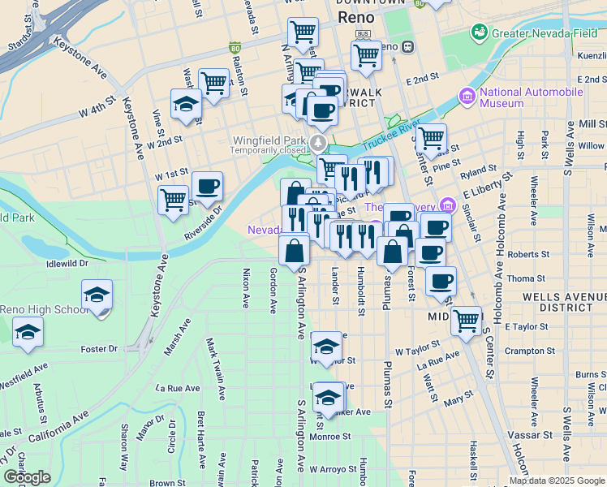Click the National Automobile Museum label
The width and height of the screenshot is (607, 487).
[531, 97]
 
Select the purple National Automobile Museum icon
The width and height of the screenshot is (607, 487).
[467, 97]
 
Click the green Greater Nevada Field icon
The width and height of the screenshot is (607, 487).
[479, 32]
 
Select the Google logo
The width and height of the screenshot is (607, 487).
[27, 476]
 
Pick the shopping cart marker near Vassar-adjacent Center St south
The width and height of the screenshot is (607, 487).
[466, 321]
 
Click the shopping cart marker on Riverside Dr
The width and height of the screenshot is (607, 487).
[174, 200]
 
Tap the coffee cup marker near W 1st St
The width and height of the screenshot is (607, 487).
[206, 187]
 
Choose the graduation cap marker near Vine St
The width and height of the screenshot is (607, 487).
[186, 105]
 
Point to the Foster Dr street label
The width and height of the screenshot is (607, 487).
[100, 349]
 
